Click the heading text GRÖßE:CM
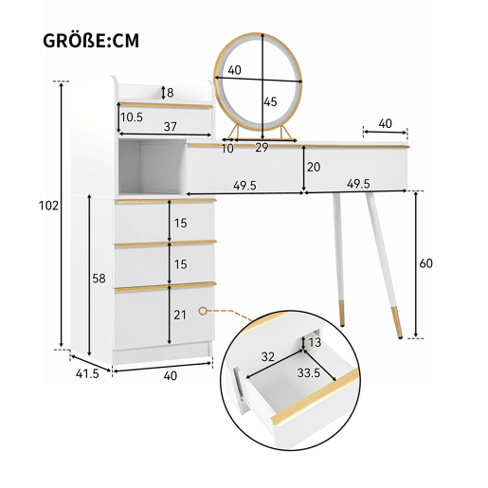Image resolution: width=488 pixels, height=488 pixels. click(x=91, y=41)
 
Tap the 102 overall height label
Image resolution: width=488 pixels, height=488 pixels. click(x=48, y=206)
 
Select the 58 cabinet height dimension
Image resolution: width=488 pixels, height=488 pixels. click(x=99, y=279)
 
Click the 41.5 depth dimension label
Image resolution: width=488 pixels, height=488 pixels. click(x=87, y=373)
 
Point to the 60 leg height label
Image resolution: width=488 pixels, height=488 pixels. click(x=425, y=263)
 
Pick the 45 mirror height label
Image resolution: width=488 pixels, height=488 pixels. click(x=270, y=101)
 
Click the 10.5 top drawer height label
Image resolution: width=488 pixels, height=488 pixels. click(x=132, y=117)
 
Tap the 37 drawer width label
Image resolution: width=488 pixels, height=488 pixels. click(x=170, y=127)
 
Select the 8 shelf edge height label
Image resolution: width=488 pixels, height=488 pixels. click(x=171, y=93)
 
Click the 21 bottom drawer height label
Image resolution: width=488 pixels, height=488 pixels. click(x=180, y=315)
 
